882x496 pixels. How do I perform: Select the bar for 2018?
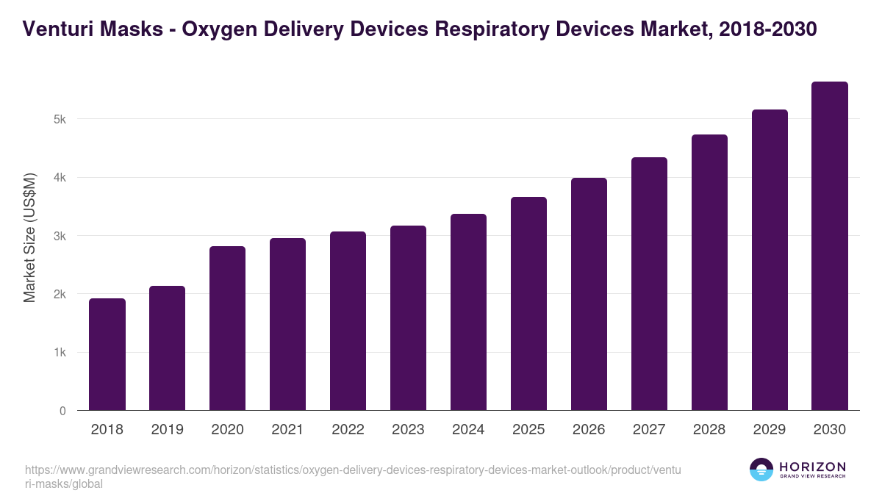pyautogui.click(x=107, y=354)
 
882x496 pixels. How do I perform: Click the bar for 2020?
pyautogui.click(x=227, y=328)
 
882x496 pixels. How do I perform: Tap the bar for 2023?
pyautogui.click(x=408, y=318)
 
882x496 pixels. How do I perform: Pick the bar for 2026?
pyautogui.click(x=589, y=294)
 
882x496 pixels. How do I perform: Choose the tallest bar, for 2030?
pyautogui.click(x=830, y=246)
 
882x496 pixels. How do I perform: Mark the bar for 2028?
pyautogui.click(x=709, y=273)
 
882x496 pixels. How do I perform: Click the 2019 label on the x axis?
pyautogui.click(x=167, y=430)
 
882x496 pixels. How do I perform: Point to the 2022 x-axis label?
pyautogui.click(x=348, y=430)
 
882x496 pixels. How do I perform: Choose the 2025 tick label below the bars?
pyautogui.click(x=528, y=430)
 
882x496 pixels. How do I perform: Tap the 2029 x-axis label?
pyautogui.click(x=770, y=430)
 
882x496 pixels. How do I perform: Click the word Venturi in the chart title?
pyautogui.click(x=54, y=29)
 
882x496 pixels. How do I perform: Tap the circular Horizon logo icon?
pyautogui.click(x=761, y=470)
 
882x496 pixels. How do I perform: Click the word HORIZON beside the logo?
pyautogui.click(x=812, y=467)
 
